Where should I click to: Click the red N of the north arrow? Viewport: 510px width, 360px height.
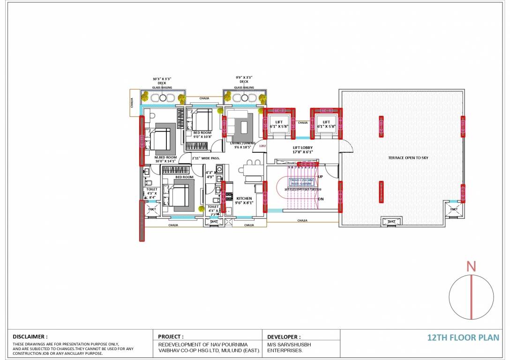(x=471, y=267)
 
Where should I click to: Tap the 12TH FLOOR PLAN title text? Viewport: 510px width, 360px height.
(x=463, y=337)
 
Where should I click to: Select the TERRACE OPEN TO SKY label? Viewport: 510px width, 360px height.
(x=408, y=158)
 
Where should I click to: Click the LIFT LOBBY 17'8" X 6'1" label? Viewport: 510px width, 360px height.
(x=302, y=150)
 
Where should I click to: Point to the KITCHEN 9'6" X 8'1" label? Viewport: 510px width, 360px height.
(x=244, y=201)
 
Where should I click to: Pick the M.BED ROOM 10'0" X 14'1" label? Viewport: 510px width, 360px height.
(x=165, y=159)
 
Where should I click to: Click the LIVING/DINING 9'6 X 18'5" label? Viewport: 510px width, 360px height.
(x=242, y=145)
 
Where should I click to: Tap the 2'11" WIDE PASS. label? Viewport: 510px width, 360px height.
(x=206, y=158)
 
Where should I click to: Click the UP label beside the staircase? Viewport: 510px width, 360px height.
(x=321, y=177)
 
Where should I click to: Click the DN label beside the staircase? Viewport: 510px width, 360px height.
(x=321, y=199)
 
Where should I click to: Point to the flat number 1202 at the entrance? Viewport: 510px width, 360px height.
(x=262, y=146)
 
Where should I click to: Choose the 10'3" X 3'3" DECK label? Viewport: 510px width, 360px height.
(x=162, y=81)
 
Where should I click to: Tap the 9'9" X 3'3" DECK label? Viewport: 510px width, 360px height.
(x=244, y=80)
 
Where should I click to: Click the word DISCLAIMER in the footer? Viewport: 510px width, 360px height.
(x=30, y=337)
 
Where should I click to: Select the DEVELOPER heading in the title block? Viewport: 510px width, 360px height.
(x=284, y=337)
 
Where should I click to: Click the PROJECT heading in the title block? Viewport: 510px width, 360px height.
(x=171, y=337)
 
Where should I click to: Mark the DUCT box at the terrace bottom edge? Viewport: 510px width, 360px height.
(x=391, y=221)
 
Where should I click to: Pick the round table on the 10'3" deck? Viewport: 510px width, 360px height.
(x=163, y=98)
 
